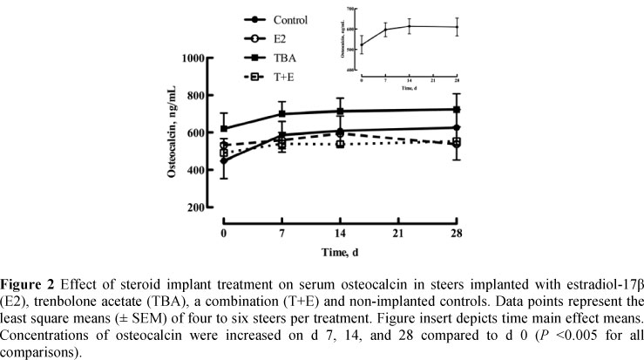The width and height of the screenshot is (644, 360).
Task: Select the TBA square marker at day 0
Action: [224, 129]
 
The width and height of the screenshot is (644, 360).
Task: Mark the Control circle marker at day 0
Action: [224, 161]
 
